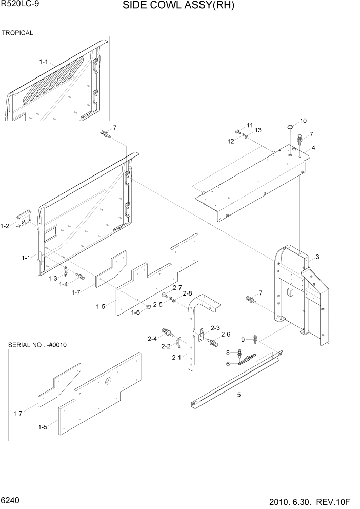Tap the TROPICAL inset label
pyautogui.click(x=17, y=33)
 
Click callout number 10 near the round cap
pyautogui.click(x=303, y=121)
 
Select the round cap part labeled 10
pyautogui.click(x=290, y=125)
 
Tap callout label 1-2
pyautogui.click(x=5, y=226)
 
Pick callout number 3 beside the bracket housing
pyautogui.click(x=317, y=257)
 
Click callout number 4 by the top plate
pyautogui.click(x=313, y=148)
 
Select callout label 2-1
pyautogui.click(x=177, y=357)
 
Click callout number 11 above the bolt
pyautogui.click(x=250, y=125)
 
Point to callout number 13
pyautogui.click(x=257, y=130)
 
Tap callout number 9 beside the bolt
pyautogui.click(x=244, y=339)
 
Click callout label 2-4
pyautogui.click(x=152, y=338)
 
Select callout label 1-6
pyautogui.click(x=135, y=312)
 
